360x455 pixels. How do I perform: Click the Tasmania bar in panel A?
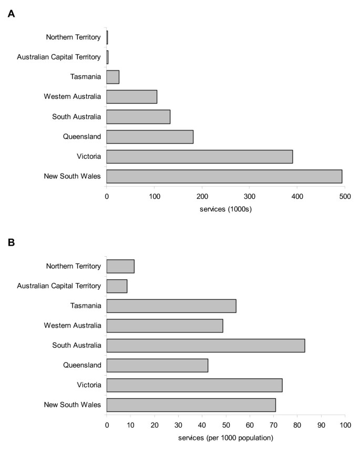113,77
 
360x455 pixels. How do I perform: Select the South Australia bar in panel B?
205,346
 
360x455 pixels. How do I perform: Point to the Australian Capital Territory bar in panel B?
117,286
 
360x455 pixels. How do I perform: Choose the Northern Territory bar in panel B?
120,266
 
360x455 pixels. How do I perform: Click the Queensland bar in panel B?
157,365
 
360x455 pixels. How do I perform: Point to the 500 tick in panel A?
345,196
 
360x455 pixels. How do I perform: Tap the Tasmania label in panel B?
86,306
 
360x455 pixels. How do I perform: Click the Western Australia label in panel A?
73,97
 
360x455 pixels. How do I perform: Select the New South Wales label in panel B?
73,405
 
